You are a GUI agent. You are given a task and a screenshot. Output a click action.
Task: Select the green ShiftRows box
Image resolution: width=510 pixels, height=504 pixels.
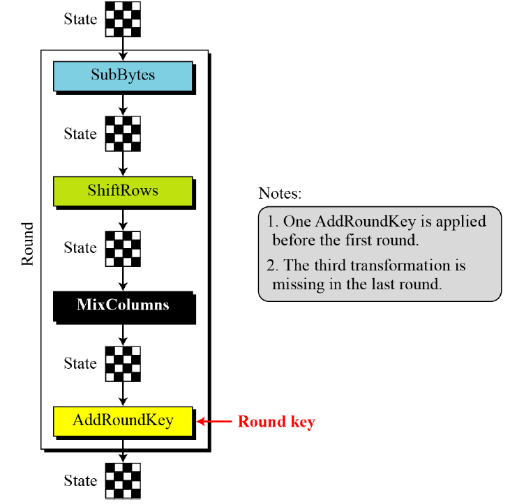coord(123,191)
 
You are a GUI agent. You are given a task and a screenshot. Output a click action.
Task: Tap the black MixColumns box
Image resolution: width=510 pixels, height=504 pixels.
coord(123,305)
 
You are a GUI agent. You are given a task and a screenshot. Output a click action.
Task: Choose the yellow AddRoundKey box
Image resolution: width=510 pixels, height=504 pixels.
coord(123,421)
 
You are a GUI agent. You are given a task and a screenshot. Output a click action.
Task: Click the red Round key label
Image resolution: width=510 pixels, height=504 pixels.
coord(276,422)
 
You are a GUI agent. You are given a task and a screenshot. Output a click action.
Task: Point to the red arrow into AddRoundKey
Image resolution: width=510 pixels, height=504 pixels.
coord(213,422)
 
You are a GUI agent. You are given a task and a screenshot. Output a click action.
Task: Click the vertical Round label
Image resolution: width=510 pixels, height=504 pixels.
coord(27,244)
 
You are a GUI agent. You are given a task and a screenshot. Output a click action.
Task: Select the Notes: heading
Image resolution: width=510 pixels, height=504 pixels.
coord(280,193)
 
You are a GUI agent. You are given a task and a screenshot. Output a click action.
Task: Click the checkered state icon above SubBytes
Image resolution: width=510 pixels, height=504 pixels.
coord(123,19)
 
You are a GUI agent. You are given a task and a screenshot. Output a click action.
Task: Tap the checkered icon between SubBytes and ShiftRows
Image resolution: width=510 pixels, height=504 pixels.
coord(123,134)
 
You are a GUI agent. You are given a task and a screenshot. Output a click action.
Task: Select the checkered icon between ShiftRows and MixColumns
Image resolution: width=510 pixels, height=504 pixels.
coord(123,248)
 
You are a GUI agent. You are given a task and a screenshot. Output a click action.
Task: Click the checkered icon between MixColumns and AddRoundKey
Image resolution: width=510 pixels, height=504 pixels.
coord(123,363)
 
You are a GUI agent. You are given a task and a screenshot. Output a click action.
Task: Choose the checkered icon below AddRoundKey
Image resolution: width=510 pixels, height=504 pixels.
coord(123,481)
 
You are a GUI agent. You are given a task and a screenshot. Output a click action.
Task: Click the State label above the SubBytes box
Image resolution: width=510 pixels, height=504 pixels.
coord(80,20)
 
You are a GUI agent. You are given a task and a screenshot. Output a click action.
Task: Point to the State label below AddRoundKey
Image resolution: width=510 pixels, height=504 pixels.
coord(80,481)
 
